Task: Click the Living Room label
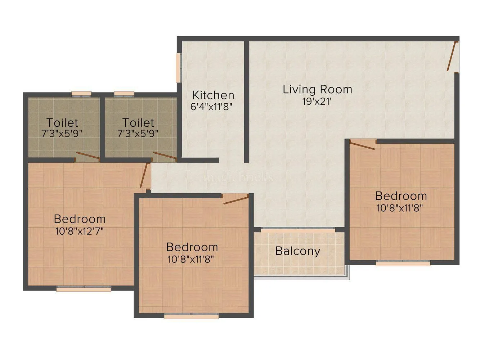pos(317,89)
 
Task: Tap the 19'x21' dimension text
pos(317,102)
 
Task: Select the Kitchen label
pos(213,95)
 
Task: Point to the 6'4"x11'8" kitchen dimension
pos(212,107)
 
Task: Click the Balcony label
pos(297,251)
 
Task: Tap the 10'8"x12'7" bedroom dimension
pos(80,231)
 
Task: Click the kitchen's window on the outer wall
pos(178,68)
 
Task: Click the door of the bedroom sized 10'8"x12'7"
pos(144,175)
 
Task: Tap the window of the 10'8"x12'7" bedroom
pos(84,288)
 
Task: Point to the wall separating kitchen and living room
pos(247,101)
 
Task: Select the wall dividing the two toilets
pos(102,126)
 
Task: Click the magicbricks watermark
pos(238,177)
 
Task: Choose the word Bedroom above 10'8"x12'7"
pos(80,219)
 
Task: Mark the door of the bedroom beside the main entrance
pos(363,145)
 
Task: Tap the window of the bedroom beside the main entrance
pos(403,264)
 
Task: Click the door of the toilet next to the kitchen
pos(165,156)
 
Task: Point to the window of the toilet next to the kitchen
pos(124,94)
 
